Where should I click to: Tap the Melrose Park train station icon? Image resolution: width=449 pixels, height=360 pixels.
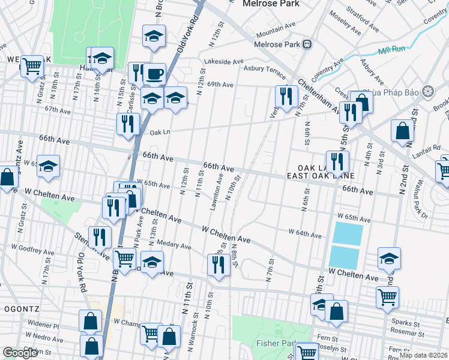tap(307, 44)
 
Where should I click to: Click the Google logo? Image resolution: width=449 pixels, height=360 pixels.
tap(20, 353)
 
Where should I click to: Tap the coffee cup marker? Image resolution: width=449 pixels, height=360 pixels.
tap(155, 74)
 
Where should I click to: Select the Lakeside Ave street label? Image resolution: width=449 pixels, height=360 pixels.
tap(224, 61)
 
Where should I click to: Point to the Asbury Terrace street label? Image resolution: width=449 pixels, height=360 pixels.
tap(264, 69)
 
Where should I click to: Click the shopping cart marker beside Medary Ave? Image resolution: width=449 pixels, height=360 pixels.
tap(124, 259)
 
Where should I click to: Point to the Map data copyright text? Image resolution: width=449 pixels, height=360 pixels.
tap(423, 355)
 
